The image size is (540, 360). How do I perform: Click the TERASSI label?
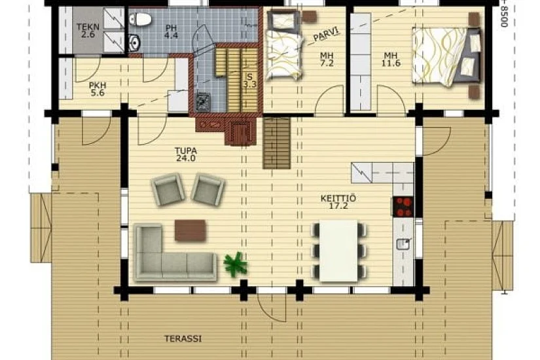pos(183,338)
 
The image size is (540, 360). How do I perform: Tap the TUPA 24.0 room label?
pos(186,154)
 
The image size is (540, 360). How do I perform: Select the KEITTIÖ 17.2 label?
pos(338,202)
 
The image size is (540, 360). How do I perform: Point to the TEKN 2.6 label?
pos(88,31)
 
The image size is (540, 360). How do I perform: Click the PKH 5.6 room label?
pos(98,89)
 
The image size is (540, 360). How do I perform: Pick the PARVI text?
pos(326,34)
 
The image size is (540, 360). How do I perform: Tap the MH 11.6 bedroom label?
pos(391,60)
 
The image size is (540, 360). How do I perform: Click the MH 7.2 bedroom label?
pos(327,60)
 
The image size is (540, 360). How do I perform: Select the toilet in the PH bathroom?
pos(140,19)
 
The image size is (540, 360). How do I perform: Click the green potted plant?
pos(236,264)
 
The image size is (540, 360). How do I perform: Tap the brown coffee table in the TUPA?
pos(190,230)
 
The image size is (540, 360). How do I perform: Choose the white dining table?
pos(338,251)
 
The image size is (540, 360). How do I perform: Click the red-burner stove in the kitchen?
pos(403,206)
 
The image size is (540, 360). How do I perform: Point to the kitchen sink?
pos(403,243)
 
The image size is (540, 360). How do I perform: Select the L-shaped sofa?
pos(175,253)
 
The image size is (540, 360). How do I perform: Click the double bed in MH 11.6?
pos(446,57)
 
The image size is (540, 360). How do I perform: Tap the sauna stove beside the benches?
pos(203,102)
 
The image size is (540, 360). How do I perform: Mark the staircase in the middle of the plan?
pos(276,143)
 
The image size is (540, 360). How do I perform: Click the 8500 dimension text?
pos(504,14)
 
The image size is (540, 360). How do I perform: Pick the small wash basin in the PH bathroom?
pos(134,43)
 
